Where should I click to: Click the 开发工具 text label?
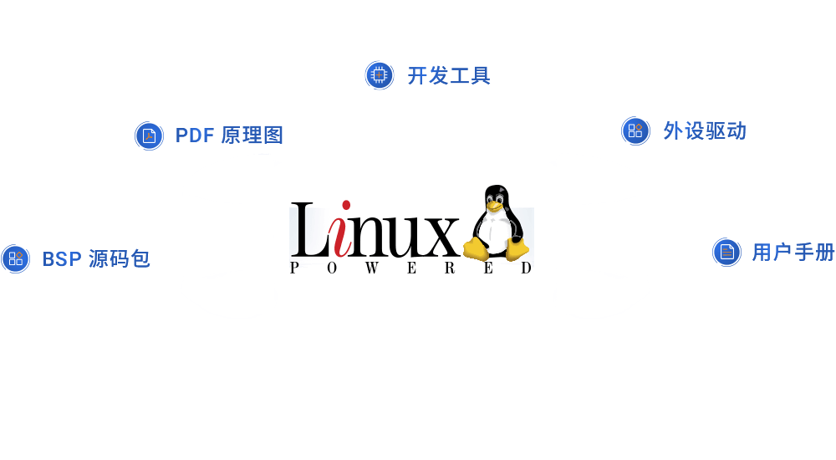coord(449,76)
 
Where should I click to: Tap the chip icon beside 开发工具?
coord(379,75)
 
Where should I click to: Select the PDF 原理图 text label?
coord(229,135)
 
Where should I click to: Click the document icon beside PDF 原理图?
coord(150,136)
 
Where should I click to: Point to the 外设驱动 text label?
coord(704,131)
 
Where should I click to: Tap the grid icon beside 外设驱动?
coord(635,130)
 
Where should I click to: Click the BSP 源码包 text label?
coord(96,259)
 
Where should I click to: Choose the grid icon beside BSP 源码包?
coord(15,258)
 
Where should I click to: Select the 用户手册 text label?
coord(793,253)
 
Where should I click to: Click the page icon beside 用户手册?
coord(726,252)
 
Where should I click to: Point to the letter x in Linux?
coord(440,237)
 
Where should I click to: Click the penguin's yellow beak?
coord(494,207)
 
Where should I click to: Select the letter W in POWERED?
coord(372,268)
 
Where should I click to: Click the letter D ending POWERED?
coord(526,268)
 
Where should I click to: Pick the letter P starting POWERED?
coord(294,268)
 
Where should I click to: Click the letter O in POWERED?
coord(332,268)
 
